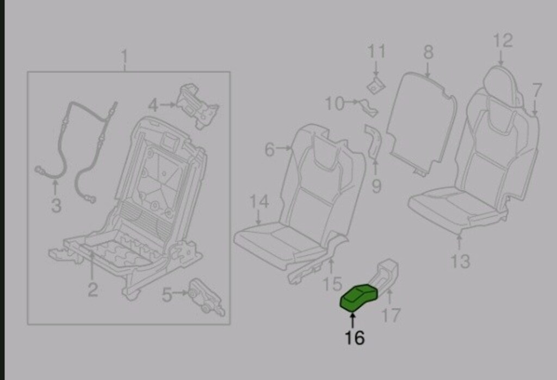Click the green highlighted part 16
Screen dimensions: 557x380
[359, 297]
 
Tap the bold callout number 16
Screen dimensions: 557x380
[355, 338]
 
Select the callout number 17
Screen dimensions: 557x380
[391, 315]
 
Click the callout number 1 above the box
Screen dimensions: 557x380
[125, 57]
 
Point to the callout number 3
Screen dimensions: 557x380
[56, 205]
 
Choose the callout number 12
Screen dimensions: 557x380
[503, 40]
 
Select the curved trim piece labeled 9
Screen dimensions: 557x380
[373, 141]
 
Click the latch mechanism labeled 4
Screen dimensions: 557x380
[197, 105]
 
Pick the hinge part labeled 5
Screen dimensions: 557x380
[207, 297]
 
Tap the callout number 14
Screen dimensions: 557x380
[259, 202]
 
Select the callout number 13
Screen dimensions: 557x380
[460, 261]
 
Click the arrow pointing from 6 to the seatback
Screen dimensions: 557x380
[283, 148]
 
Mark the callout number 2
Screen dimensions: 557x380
[92, 290]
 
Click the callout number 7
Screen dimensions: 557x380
[536, 91]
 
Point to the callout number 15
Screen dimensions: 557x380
[332, 284]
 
